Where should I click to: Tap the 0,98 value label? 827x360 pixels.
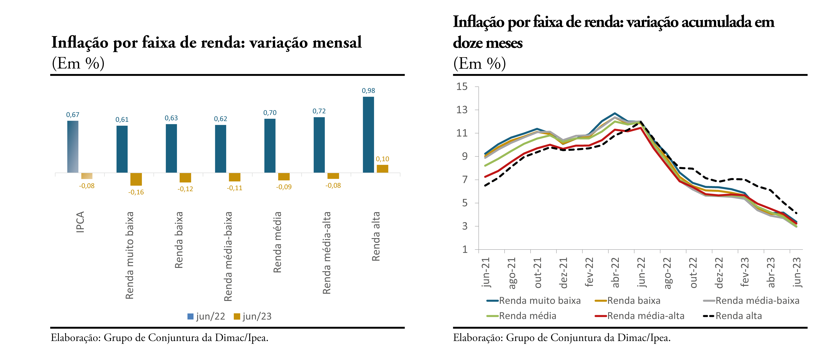368,91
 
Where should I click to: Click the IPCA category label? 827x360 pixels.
80,222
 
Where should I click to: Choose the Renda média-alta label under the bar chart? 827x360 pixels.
326,253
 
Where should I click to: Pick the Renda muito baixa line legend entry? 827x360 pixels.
534,301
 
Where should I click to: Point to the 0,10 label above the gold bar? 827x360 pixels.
382,159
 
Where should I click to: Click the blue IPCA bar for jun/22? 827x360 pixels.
73,147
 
